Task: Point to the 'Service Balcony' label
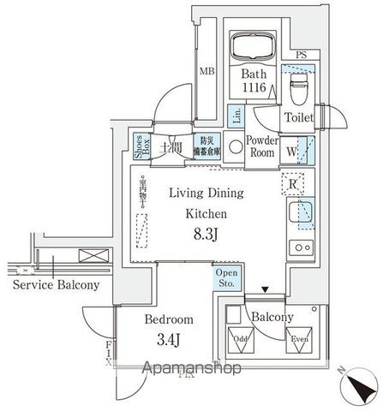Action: click(x=56, y=285)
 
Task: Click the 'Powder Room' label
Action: click(x=262, y=146)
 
